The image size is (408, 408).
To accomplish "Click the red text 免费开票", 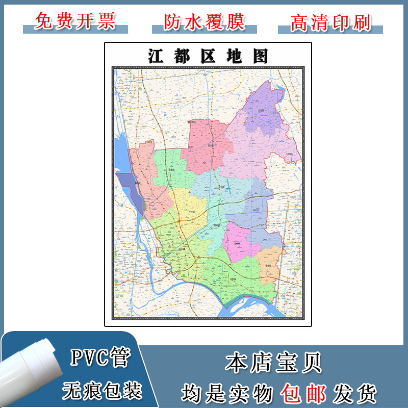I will click(75, 21).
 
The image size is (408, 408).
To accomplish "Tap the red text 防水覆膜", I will click(205, 21).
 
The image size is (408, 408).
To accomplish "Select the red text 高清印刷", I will click(330, 21).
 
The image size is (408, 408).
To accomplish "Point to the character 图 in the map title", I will click(260, 56).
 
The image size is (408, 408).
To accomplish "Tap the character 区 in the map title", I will click(207, 56).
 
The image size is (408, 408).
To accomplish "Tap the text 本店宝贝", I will click(273, 363).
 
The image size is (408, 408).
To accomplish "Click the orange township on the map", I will click(271, 263).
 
